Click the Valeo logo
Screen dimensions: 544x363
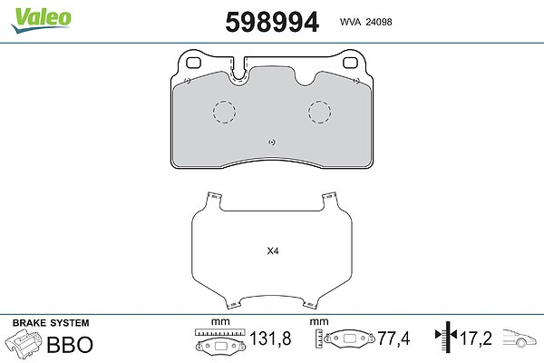tap(41, 20)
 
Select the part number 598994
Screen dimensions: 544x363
tap(272, 22)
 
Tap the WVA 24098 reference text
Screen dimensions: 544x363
tap(365, 22)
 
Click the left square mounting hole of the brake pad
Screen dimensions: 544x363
tap(194, 63)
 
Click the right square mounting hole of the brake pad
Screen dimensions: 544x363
tap(350, 63)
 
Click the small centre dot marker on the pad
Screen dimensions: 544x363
tap(272, 142)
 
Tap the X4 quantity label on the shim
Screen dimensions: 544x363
tap(273, 250)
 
